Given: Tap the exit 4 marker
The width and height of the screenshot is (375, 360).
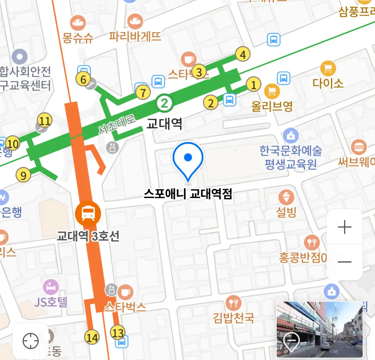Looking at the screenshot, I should pos(243,54).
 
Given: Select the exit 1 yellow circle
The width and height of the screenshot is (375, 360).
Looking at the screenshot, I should pos(254,85).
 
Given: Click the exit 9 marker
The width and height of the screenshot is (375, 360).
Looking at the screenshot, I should pos(23,175).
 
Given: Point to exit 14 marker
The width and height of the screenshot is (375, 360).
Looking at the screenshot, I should pos(92,337).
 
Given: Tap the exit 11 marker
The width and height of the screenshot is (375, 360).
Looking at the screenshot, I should pos(45,120).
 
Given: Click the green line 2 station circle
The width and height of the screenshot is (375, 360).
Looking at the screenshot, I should pos(164,103).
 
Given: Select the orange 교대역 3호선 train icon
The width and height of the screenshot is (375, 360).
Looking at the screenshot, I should pos(88,212).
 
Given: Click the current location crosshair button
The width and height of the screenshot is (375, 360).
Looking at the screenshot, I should pos(31,341).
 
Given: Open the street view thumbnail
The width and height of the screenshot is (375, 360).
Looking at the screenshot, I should pos(319,329).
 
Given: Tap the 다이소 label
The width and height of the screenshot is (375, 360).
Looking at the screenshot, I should pos(328,83).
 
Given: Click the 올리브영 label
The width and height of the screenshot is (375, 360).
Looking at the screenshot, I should pos(272,106).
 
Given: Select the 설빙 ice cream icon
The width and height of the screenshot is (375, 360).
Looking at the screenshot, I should pos(286,197).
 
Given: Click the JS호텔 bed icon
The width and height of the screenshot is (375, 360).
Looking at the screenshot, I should pos(51,287).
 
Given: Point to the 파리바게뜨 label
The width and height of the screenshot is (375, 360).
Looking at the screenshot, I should pos(135,36).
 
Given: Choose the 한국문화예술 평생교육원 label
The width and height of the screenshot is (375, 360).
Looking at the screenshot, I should pos(291,157).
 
